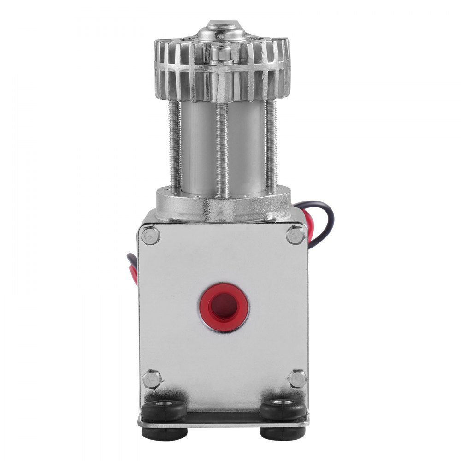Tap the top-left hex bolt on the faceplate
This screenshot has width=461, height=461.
tap(151, 236)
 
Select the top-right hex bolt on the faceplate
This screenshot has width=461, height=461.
tap(295, 235)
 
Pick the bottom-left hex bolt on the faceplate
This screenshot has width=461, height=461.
tap(152, 379)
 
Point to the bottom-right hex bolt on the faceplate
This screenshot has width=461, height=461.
tap(296, 378)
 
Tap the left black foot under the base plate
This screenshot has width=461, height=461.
tap(164, 433)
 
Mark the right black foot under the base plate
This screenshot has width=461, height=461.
tap(282, 433)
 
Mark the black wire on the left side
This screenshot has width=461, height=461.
tap(130, 260)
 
